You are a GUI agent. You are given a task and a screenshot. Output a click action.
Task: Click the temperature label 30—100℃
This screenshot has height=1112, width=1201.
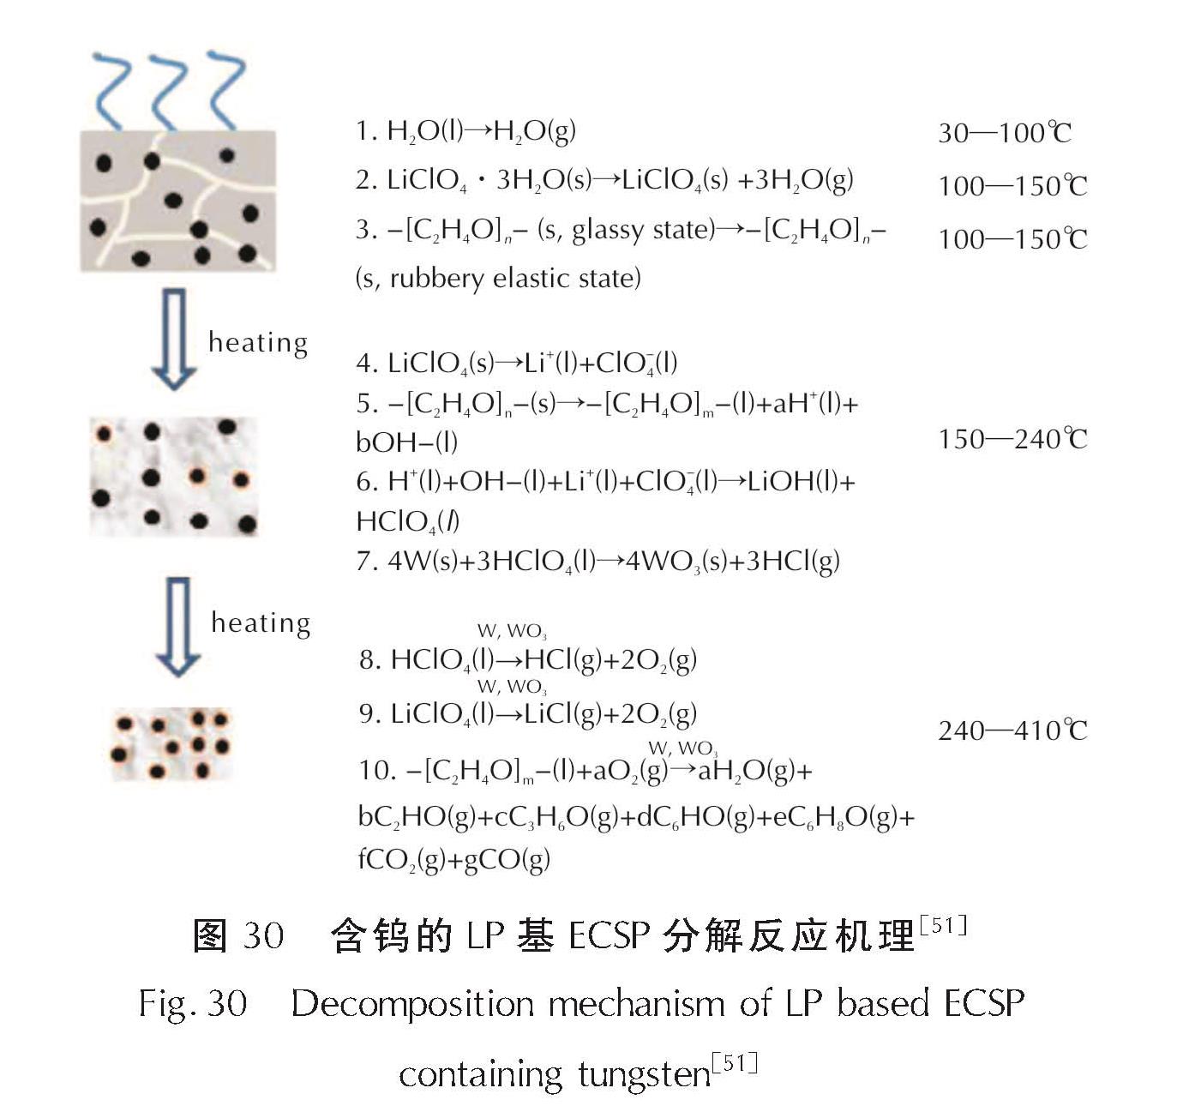click(1004, 133)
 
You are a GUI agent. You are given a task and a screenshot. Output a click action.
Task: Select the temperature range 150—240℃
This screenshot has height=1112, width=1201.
click(1012, 439)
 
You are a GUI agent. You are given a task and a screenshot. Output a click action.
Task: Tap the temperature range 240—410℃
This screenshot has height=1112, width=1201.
click(1012, 730)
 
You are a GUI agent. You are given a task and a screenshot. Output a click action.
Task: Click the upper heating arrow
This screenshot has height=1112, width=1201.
click(174, 339)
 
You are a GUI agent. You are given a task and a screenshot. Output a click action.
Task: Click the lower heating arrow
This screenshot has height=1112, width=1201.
click(177, 626)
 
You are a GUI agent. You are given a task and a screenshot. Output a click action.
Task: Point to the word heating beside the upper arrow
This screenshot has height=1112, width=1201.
click(258, 342)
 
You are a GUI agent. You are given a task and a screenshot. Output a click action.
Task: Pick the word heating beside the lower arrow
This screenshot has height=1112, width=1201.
click(261, 622)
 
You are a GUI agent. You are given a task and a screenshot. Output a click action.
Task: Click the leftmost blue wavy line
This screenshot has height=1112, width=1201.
click(111, 90)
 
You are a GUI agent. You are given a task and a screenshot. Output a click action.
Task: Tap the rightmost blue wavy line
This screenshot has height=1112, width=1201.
click(225, 90)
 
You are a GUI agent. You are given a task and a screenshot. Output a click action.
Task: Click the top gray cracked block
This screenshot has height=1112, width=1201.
click(177, 201)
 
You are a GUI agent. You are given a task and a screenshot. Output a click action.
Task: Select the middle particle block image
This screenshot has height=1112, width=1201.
click(173, 476)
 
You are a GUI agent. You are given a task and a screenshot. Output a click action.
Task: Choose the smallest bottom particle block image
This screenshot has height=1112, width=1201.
click(171, 744)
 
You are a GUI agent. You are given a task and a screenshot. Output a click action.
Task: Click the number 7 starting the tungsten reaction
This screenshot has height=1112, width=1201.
click(365, 562)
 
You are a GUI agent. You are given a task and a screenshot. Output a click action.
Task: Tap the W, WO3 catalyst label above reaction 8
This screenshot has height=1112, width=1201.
click(512, 632)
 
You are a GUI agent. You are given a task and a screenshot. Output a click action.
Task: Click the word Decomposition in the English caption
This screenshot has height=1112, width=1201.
click(412, 1003)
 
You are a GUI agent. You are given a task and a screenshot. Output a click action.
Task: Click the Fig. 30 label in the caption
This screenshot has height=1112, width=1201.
click(193, 1004)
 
